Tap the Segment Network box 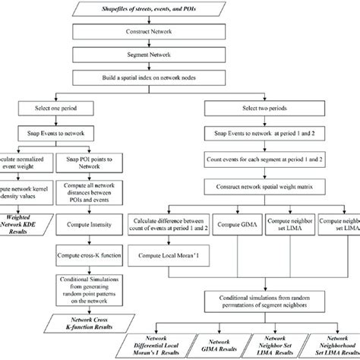[179, 55]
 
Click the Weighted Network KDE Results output [30, 223]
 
